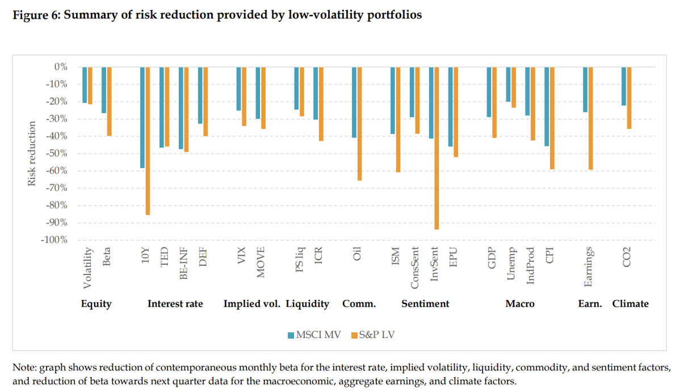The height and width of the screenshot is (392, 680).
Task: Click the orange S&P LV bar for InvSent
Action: [x=437, y=148]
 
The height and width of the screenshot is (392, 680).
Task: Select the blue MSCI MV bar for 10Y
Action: [x=142, y=117]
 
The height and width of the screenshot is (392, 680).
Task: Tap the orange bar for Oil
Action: [x=360, y=123]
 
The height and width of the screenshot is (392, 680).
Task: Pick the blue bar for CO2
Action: [x=624, y=86]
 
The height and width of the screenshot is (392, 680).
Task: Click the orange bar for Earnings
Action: [x=591, y=118]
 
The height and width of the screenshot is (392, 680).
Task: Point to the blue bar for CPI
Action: [x=547, y=106]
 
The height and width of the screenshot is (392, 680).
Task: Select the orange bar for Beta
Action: [x=110, y=101]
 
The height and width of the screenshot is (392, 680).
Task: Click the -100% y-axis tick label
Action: [x=54, y=240]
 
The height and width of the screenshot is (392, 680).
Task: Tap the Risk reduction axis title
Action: [x=32, y=153]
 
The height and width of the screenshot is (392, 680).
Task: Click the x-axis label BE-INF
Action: [x=183, y=262]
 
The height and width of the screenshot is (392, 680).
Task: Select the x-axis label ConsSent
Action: [x=415, y=264]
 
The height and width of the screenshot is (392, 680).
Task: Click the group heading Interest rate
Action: [x=175, y=303]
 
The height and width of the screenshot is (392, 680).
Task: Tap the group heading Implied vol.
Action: [x=252, y=303]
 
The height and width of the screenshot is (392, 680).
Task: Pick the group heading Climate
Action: [x=630, y=303]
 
